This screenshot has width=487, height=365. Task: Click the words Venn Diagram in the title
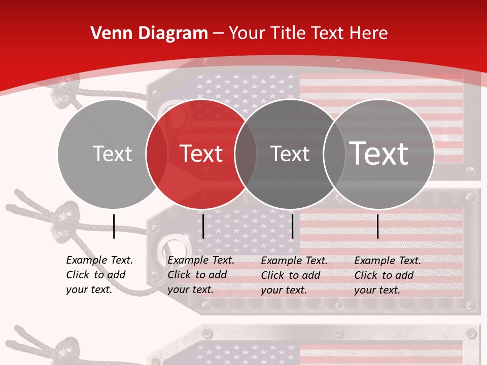(x=149, y=33)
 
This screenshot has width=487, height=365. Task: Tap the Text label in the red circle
(x=201, y=154)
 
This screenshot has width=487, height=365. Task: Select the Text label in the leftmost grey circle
(x=112, y=154)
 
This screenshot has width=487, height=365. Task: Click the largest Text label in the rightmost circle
(x=379, y=154)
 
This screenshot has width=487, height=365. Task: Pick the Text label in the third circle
(x=290, y=154)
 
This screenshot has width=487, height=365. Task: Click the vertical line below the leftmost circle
(x=114, y=226)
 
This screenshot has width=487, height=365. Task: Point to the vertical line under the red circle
(x=203, y=226)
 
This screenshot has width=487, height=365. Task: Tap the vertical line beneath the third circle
(x=292, y=226)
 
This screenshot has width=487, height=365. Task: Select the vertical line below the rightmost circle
(x=377, y=226)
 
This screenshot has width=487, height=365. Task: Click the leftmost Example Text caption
(x=99, y=275)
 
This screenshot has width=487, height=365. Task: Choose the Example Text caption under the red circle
(x=200, y=275)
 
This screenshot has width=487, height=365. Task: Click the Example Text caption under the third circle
(x=294, y=275)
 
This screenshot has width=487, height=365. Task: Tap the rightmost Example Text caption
(x=387, y=275)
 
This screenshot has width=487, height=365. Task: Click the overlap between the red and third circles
(x=246, y=154)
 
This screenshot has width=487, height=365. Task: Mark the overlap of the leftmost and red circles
(x=157, y=154)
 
